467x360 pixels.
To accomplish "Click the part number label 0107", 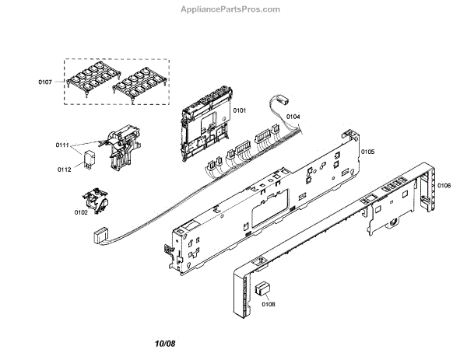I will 48,80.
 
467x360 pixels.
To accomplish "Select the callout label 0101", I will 240,111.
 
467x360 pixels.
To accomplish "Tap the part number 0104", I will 293,117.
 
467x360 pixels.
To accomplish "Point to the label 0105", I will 367,152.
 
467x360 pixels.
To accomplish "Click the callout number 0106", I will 443,185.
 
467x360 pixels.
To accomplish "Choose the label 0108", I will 268,303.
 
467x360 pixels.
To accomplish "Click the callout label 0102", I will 80,211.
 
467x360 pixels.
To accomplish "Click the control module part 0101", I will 205,124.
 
